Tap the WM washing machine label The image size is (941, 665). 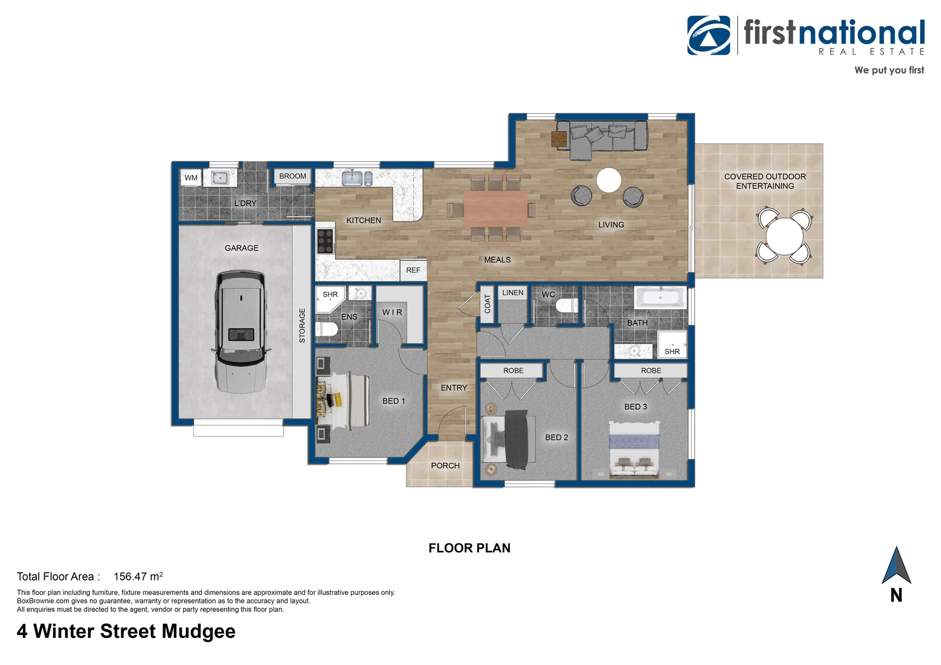191,178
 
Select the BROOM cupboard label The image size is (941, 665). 293,176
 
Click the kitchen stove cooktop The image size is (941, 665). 325,241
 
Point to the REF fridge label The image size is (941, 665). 413,270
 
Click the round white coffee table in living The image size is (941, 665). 608,180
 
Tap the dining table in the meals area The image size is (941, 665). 495,208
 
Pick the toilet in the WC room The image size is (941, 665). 566,306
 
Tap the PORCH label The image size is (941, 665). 445,465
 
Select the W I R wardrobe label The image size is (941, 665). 392,312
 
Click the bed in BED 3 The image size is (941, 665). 634,449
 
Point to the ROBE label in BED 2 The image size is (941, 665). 513,371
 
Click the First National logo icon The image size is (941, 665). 709,36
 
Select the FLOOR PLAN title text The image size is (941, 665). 469,548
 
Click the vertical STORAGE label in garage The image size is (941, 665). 302,325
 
